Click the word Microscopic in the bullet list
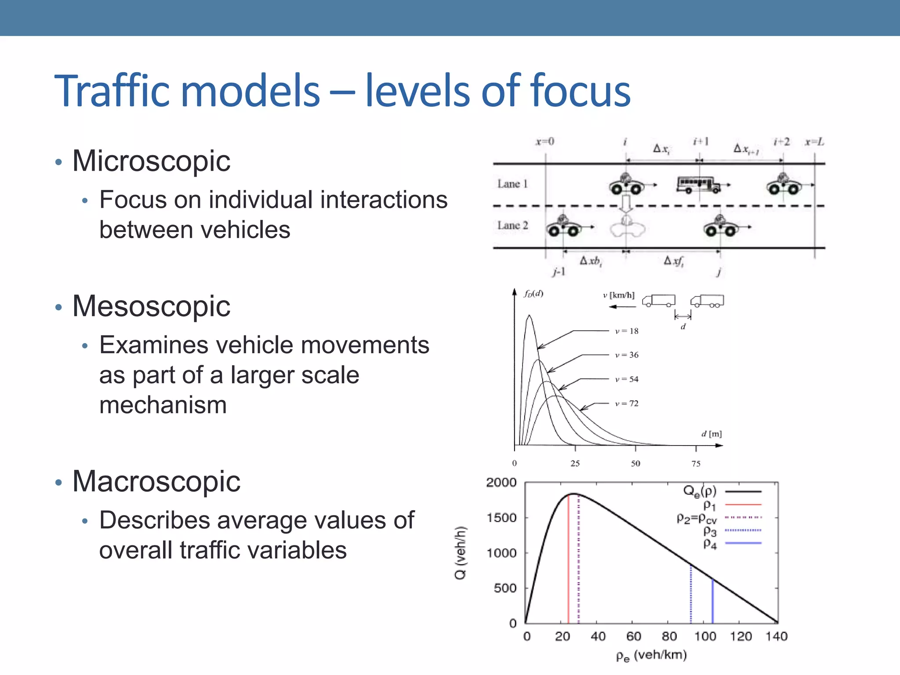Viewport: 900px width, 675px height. [151, 161]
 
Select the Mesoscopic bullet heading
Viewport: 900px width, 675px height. [151, 306]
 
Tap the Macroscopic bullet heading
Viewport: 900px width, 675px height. [156, 481]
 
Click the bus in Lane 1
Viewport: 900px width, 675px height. [698, 185]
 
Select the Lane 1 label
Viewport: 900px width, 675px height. [512, 184]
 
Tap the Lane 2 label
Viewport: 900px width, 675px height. [512, 225]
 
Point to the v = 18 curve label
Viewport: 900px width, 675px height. [627, 331]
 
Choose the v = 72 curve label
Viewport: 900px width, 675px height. [627, 403]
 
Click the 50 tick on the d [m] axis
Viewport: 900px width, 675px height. [635, 463]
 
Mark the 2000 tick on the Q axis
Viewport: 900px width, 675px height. [501, 483]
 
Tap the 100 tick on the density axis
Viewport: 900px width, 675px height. [705, 636]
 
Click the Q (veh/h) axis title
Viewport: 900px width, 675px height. [460, 552]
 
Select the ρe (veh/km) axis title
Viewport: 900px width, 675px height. [651, 656]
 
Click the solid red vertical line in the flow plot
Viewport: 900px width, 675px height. [568, 558]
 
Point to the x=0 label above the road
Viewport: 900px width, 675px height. [545, 142]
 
